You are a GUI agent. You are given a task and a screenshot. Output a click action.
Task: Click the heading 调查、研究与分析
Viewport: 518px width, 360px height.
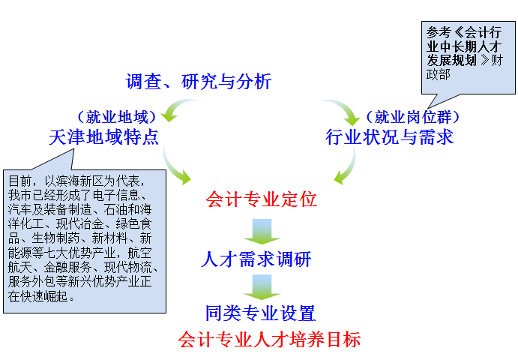coord(199,81)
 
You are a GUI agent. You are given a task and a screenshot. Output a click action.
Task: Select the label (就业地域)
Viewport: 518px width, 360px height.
coord(117,117)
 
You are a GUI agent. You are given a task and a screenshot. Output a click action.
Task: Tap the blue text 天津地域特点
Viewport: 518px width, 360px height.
coord(103,136)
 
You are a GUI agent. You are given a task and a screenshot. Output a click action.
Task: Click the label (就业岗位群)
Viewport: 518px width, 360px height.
coord(412,117)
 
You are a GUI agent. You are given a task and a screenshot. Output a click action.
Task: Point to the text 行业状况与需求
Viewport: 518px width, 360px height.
coord(390,136)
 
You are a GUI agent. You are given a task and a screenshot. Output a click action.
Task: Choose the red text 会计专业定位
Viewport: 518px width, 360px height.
coord(262,199)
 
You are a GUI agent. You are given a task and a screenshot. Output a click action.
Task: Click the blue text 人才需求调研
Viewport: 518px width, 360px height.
coord(256,259)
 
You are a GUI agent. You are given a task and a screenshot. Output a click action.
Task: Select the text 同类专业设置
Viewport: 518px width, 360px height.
coord(261,313)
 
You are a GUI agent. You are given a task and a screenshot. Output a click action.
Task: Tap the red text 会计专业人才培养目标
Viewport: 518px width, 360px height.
coord(269,340)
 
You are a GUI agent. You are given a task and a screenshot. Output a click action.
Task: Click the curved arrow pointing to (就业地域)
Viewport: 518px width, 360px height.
coord(175,106)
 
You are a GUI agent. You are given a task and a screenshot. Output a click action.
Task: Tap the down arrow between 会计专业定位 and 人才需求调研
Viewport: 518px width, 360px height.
coord(262,232)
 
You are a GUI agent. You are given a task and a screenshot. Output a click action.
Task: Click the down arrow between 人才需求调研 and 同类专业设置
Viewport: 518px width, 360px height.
coord(262,287)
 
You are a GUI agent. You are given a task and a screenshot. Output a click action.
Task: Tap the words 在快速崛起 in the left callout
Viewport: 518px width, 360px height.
coord(38,296)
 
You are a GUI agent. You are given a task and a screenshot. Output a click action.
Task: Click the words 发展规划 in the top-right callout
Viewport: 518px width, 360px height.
coord(451,61)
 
